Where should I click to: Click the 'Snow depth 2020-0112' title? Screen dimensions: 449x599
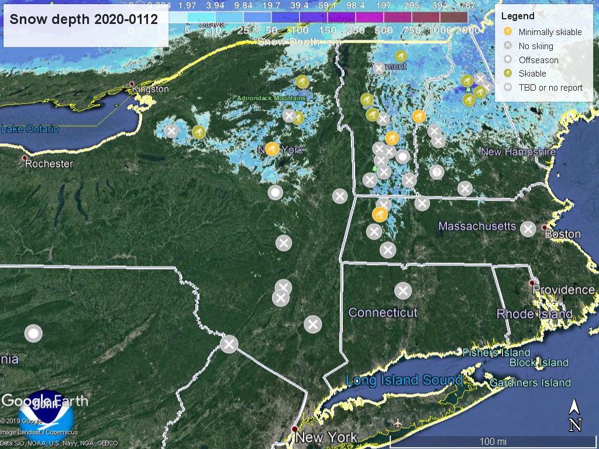84,19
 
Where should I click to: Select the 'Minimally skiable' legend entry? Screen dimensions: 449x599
550,32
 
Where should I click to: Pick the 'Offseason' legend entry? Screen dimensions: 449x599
538,60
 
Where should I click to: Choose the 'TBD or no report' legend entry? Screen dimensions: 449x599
550,87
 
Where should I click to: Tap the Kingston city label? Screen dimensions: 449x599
150,89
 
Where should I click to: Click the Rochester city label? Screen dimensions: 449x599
49,164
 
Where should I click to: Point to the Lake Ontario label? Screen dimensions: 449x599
30,129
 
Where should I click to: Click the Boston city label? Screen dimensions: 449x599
562,234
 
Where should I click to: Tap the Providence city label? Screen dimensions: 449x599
563,290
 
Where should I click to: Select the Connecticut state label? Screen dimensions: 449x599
383,312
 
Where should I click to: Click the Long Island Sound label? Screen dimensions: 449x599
403,381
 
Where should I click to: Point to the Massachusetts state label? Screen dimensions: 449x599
477,226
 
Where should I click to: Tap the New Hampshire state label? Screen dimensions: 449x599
518,152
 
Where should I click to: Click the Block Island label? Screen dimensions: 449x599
538,362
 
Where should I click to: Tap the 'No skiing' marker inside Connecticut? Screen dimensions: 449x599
402,291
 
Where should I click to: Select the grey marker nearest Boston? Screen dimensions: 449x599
528,229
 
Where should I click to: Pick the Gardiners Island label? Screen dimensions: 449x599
530,383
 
